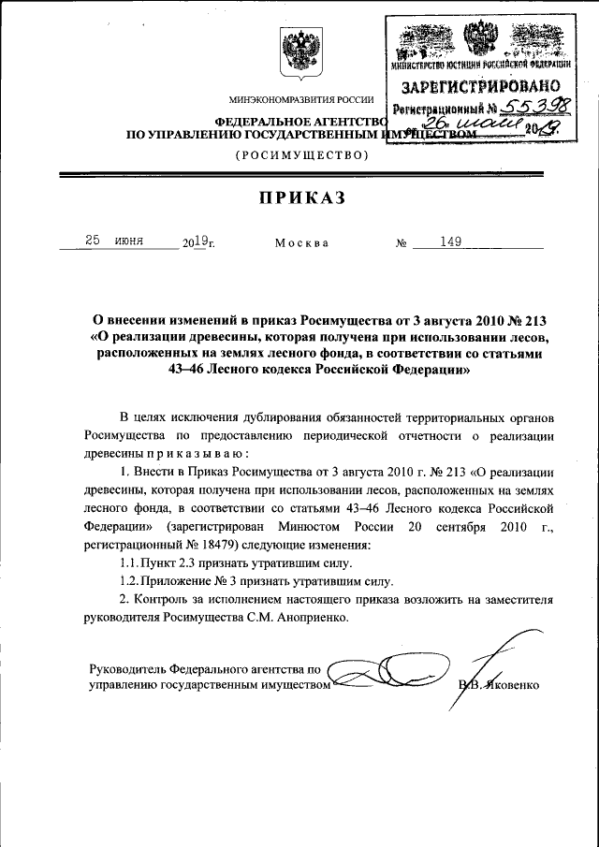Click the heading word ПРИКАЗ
[x=299, y=197]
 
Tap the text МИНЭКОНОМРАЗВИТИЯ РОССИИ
[x=300, y=100]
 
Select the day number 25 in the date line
[x=94, y=241]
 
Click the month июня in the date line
[x=129, y=241]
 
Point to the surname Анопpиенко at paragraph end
[x=309, y=618]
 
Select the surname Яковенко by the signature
[x=510, y=685]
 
